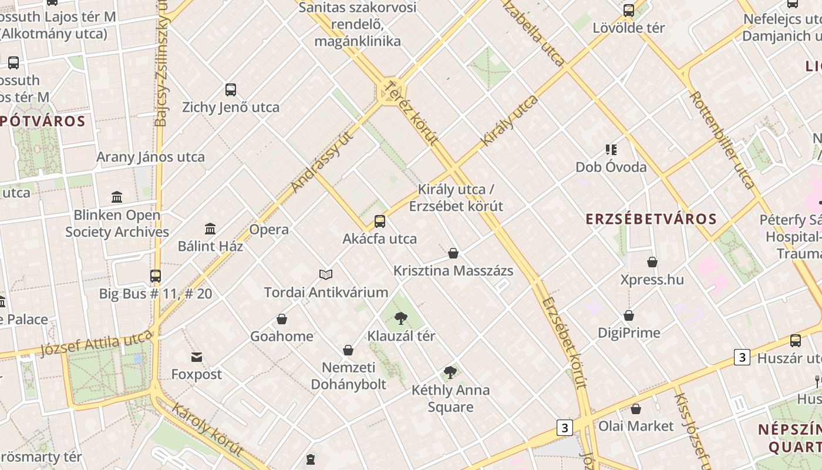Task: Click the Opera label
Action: (x=269, y=230)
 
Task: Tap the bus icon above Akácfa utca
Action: (x=380, y=221)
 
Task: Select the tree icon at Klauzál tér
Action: (x=401, y=318)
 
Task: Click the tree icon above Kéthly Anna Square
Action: (x=450, y=372)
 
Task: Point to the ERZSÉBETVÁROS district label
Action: (x=651, y=219)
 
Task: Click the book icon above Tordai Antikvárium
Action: (x=326, y=274)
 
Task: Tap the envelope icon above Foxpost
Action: (x=197, y=357)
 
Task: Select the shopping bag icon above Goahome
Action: (x=282, y=319)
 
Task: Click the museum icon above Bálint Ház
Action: (x=210, y=229)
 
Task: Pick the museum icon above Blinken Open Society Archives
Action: (x=117, y=197)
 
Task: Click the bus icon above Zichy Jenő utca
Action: (x=231, y=90)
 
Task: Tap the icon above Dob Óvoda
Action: (x=611, y=150)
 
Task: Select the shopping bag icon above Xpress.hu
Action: (x=652, y=262)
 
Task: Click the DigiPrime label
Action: (x=629, y=333)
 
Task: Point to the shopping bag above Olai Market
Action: (x=636, y=409)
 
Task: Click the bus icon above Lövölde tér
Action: (x=629, y=11)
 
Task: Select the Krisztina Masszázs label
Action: (x=453, y=271)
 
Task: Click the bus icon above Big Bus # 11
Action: (x=156, y=276)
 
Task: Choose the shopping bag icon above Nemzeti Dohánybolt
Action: (x=348, y=351)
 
